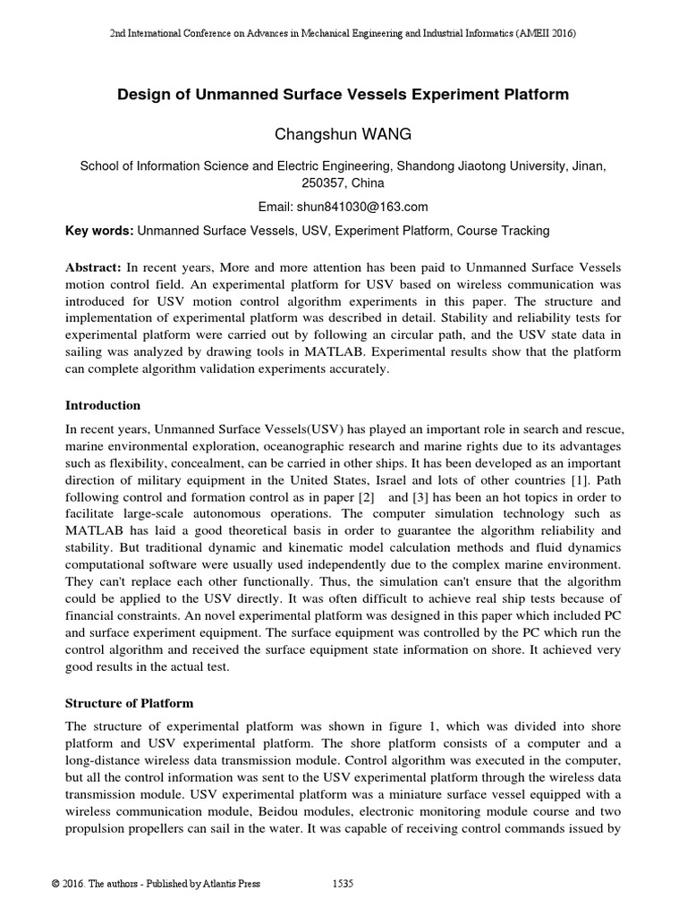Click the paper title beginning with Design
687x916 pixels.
(343, 94)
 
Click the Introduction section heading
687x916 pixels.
(103, 405)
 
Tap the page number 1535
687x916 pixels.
(343, 884)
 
